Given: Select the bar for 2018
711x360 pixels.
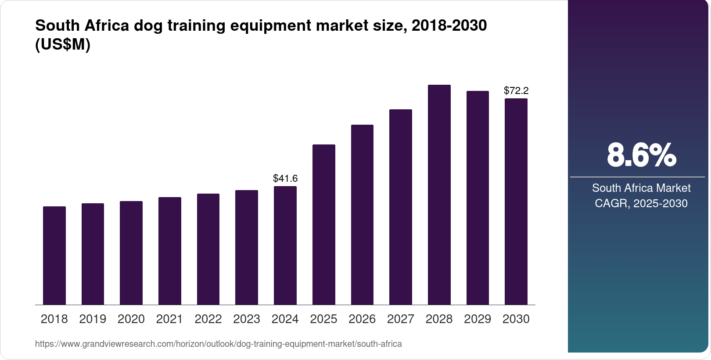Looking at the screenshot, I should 54,256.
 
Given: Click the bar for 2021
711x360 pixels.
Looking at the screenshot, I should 170,251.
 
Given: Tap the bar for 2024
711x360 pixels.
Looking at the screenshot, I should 285,245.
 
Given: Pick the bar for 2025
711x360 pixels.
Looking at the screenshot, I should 324,225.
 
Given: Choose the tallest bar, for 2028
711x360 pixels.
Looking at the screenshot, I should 439,195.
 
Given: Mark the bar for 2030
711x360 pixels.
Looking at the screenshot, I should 516,202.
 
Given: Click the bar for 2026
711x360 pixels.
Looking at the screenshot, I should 362,215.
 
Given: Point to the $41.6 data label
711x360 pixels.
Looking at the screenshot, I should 285,178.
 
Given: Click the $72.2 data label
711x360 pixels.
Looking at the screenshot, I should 516,90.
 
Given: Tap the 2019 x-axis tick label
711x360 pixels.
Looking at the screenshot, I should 93,319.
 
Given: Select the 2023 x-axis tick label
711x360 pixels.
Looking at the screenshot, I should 247,319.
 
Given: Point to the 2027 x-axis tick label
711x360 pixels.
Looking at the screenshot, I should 401,319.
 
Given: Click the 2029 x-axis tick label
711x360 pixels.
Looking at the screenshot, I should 478,319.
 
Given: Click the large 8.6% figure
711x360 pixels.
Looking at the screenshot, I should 641,155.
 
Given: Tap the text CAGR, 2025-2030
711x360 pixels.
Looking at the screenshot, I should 641,203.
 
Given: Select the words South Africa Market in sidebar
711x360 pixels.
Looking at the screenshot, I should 641,188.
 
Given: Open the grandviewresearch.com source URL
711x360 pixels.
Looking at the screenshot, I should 219,344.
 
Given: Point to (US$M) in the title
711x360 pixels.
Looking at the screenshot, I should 63,44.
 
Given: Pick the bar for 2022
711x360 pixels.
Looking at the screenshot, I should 208,249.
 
